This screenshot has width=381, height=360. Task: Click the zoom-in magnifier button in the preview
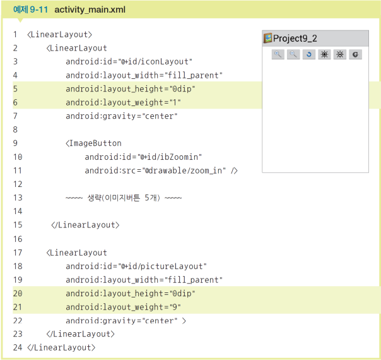click(x=278, y=55)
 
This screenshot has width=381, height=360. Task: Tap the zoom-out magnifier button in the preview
click(x=293, y=55)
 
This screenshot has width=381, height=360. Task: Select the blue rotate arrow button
click(x=308, y=55)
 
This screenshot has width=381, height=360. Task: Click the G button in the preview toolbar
click(x=355, y=55)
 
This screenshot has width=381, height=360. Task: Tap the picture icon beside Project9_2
click(x=268, y=39)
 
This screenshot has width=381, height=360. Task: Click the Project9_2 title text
click(x=295, y=39)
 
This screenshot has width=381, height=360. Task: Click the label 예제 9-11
click(x=31, y=10)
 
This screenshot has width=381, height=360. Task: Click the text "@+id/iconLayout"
click(x=156, y=61)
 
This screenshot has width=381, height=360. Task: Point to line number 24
click(x=17, y=348)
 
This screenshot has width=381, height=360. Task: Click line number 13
click(x=17, y=198)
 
